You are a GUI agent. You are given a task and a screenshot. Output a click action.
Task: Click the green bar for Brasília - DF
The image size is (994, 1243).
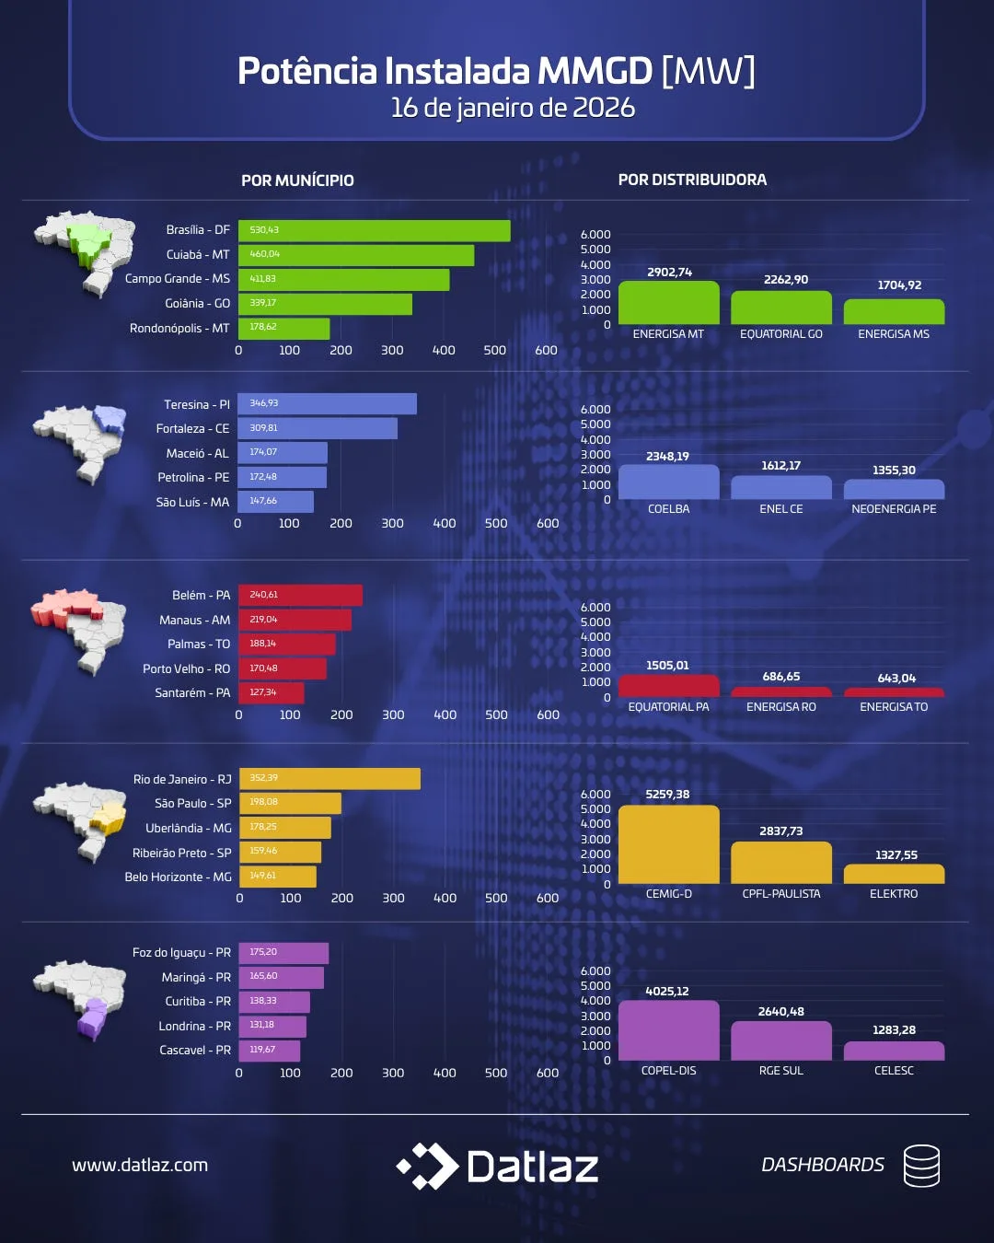(x=374, y=230)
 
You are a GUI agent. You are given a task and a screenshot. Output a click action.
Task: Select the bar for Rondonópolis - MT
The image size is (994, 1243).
(x=283, y=328)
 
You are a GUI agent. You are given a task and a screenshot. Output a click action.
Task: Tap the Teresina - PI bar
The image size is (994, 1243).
(x=327, y=404)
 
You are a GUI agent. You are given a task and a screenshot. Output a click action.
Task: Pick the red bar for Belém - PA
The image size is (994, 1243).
(x=300, y=596)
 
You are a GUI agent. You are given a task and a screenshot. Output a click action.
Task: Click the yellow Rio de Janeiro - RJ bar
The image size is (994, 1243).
(x=329, y=779)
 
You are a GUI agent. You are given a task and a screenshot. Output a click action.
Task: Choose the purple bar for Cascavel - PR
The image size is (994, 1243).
(x=269, y=1051)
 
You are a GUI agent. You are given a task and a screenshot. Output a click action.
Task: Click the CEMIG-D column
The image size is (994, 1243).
(x=668, y=844)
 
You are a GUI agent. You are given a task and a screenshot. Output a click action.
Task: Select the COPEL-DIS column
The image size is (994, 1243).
(x=668, y=1030)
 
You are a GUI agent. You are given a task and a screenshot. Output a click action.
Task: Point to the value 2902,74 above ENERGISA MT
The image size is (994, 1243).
(x=669, y=273)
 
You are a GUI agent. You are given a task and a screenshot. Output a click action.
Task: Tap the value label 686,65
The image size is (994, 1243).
(x=781, y=677)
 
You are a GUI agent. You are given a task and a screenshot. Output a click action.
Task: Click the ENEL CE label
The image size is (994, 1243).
(x=781, y=509)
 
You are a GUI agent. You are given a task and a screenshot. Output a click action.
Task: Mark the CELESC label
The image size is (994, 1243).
(x=894, y=1071)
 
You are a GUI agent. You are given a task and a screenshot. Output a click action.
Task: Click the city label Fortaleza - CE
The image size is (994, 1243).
(x=193, y=429)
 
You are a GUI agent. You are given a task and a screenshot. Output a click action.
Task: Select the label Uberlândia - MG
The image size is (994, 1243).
(x=189, y=829)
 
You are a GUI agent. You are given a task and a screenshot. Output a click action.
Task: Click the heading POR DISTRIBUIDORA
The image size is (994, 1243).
(x=692, y=180)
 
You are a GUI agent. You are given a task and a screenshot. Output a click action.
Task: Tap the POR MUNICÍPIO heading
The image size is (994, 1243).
(x=297, y=180)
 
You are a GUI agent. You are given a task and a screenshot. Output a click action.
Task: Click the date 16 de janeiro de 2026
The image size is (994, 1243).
(x=513, y=108)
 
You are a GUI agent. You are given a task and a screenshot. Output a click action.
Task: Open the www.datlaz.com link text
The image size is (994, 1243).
(x=140, y=1165)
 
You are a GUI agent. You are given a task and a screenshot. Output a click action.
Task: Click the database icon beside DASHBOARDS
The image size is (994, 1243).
(x=921, y=1166)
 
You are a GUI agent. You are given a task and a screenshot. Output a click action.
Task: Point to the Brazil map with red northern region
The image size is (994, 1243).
(x=78, y=627)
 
